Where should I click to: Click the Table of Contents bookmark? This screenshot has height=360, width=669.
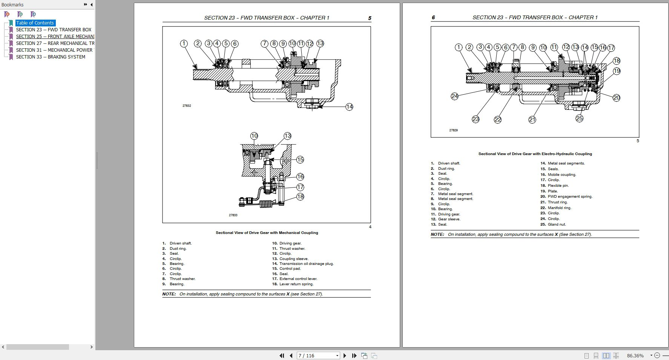click(35, 23)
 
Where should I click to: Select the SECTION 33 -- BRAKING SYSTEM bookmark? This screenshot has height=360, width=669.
click(51, 57)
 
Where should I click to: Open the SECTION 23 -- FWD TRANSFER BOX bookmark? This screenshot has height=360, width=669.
click(54, 30)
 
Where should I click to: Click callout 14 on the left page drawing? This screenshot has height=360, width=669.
click(349, 107)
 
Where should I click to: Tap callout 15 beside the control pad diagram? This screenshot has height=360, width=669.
click(300, 160)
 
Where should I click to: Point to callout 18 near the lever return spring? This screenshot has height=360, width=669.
click(300, 197)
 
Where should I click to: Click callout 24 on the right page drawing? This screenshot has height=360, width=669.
click(454, 96)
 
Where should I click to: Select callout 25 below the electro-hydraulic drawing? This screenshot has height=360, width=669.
click(579, 118)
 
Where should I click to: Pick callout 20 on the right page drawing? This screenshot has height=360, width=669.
click(616, 98)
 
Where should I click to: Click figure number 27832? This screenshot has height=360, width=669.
click(187, 106)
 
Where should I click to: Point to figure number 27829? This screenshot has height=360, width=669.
click(453, 130)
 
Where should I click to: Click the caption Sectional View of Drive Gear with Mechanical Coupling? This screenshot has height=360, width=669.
click(267, 233)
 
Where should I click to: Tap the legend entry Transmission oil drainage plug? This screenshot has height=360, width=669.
click(306, 264)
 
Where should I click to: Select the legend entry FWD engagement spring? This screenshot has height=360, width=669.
click(570, 197)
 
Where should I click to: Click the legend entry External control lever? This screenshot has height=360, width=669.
click(298, 279)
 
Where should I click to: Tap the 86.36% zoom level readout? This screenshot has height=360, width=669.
click(635, 355)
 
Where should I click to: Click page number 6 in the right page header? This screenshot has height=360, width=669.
click(433, 17)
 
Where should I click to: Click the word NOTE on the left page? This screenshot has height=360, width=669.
click(169, 294)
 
